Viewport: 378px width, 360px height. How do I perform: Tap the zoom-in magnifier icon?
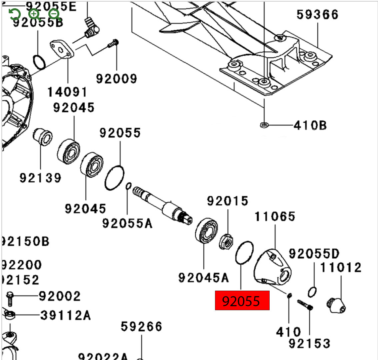[x=34, y=14]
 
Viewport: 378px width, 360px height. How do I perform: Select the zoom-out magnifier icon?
[x=54, y=14]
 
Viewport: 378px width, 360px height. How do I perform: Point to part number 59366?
[x=317, y=15]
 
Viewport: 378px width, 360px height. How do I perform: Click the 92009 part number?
[x=116, y=79]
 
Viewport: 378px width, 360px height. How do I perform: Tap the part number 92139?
[x=40, y=177]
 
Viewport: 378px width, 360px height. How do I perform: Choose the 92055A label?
[x=127, y=223]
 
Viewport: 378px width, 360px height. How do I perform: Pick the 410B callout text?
[x=310, y=125]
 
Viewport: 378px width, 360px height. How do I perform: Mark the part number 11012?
[x=341, y=267]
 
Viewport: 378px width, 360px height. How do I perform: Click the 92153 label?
[x=309, y=343]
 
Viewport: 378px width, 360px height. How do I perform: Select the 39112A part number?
[x=65, y=315]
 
